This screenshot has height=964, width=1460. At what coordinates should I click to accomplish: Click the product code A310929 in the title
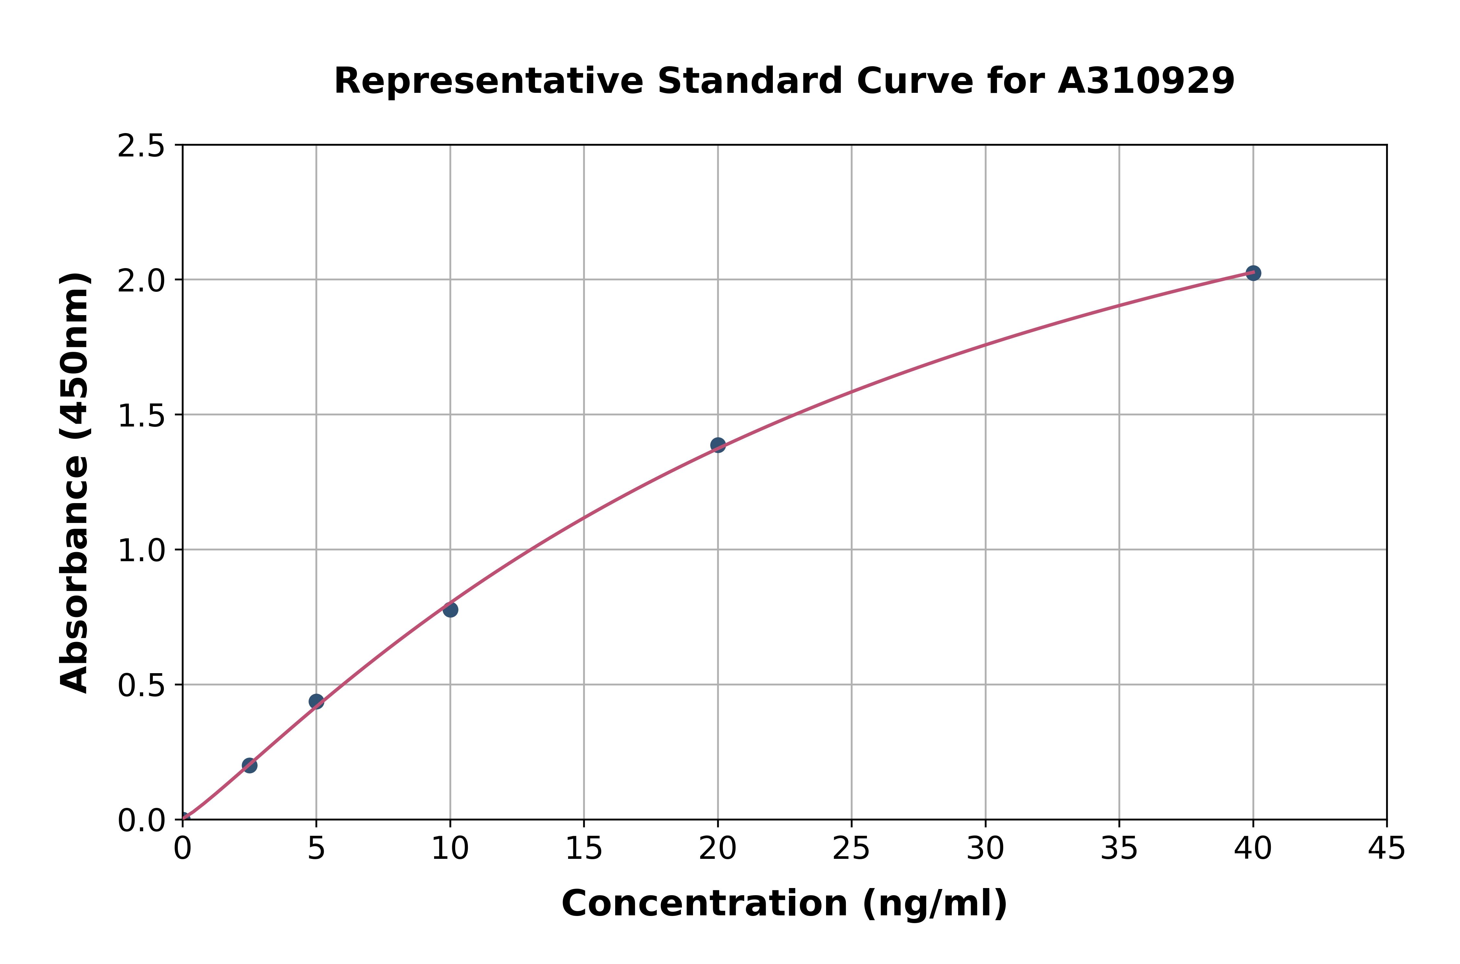click(1146, 81)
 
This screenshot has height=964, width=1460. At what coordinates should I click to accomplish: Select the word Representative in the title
click(489, 81)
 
